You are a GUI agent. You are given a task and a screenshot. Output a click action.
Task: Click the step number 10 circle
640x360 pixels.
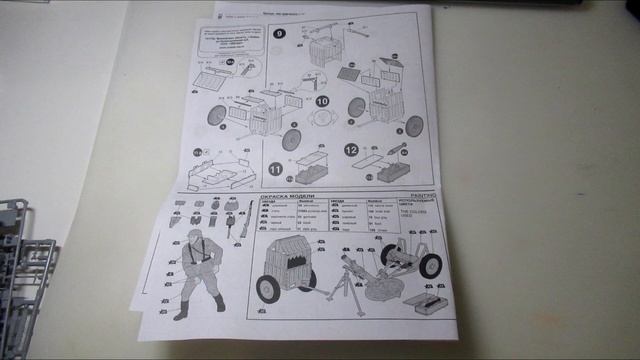(x=322, y=101)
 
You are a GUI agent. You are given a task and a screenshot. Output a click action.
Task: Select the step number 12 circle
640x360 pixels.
(x=351, y=151)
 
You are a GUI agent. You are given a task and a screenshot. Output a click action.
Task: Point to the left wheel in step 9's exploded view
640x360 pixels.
(x=216, y=117)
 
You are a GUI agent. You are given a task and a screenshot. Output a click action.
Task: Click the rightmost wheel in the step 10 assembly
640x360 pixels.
(x=413, y=125)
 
